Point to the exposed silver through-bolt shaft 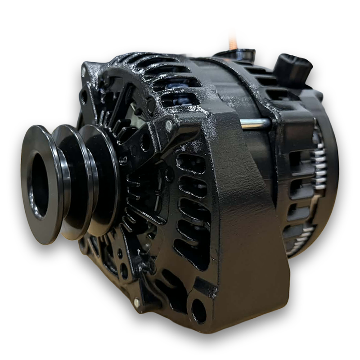255,124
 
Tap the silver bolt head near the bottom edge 136,302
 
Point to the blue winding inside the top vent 175,85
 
